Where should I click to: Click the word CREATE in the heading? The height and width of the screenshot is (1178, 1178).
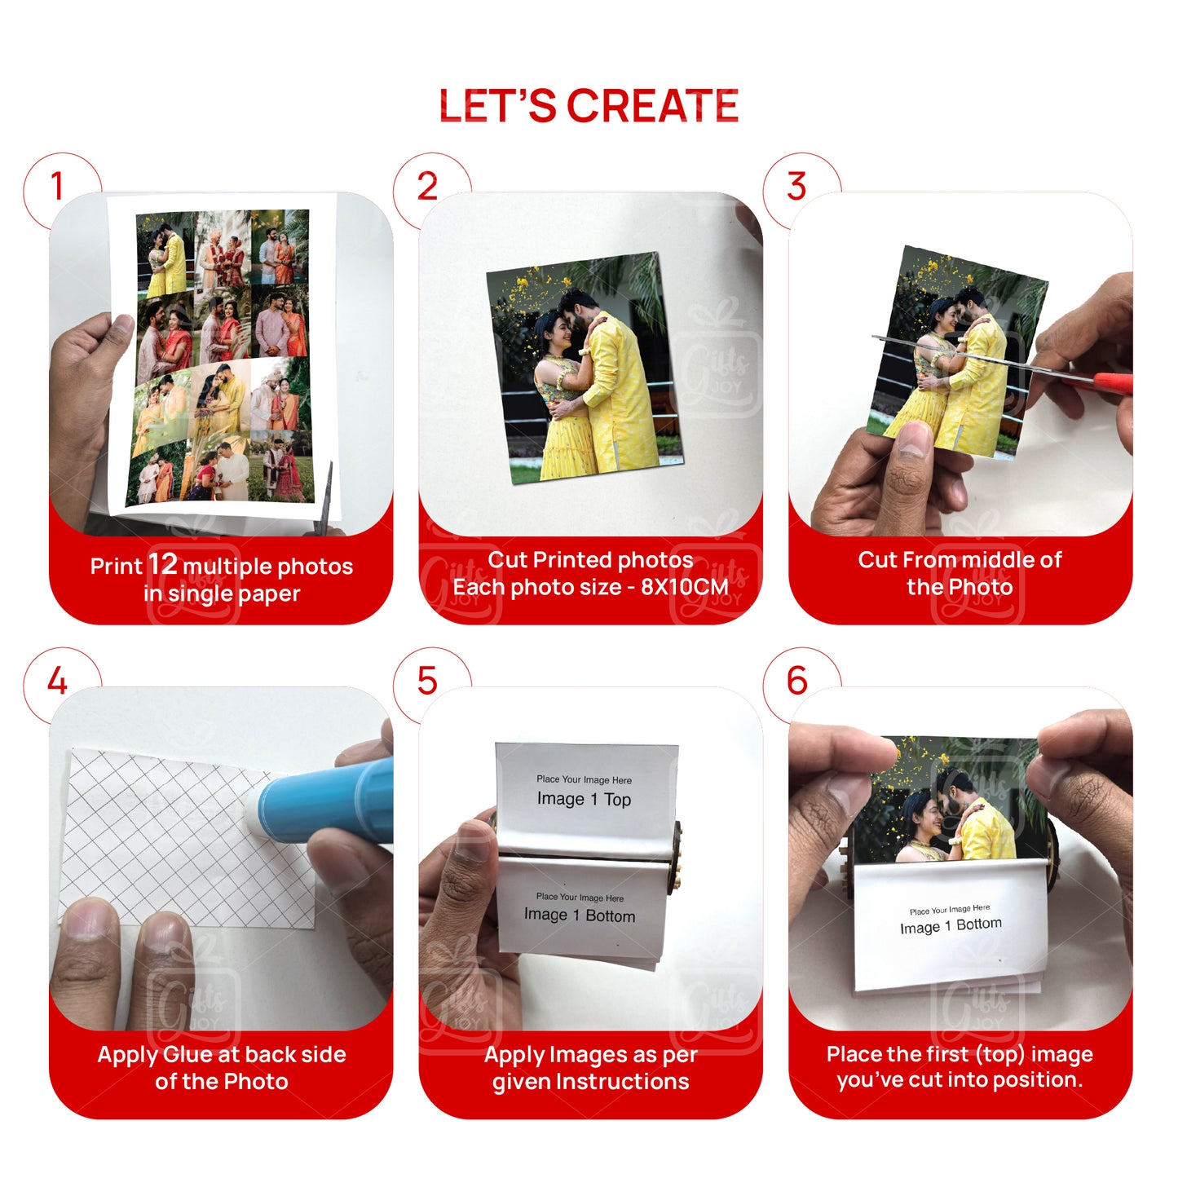pyautogui.click(x=652, y=107)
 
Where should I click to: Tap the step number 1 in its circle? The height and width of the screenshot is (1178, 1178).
pyautogui.click(x=57, y=187)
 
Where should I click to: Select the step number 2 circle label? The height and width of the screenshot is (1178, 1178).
pyautogui.click(x=427, y=187)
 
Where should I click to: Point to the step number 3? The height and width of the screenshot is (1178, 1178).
pyautogui.click(x=796, y=187)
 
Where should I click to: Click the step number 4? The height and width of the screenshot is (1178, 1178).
pyautogui.click(x=57, y=682)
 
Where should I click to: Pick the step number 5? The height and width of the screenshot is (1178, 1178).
pyautogui.click(x=427, y=682)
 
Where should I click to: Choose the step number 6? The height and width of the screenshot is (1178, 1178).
pyautogui.click(x=796, y=682)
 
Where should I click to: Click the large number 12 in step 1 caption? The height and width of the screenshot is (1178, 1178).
pyautogui.click(x=162, y=564)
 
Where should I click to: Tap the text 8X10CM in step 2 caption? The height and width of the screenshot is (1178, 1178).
pyautogui.click(x=684, y=587)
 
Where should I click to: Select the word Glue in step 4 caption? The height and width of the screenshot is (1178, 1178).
pyautogui.click(x=188, y=1055)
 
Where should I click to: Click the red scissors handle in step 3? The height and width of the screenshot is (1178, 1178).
pyautogui.click(x=1111, y=382)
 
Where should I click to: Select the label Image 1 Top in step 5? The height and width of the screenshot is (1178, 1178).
pyautogui.click(x=584, y=800)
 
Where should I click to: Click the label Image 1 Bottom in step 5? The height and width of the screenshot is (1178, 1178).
pyautogui.click(x=579, y=915)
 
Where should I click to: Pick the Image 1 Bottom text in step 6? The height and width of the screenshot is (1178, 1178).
pyautogui.click(x=951, y=926)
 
